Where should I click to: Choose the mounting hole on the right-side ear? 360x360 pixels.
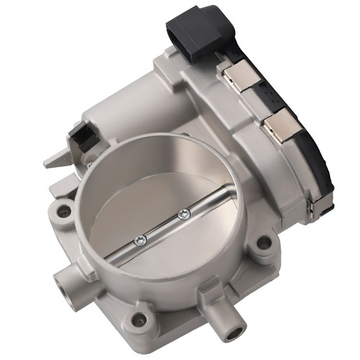pos(264,242)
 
